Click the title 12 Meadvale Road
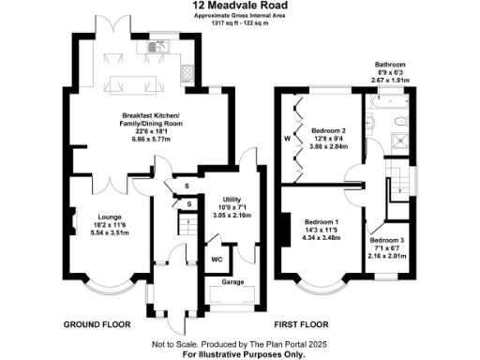239,6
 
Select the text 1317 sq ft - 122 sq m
239,23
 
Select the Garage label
232,281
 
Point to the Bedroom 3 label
388,242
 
